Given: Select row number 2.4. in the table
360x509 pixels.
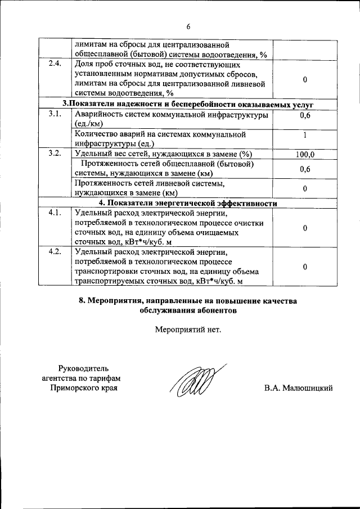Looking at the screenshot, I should (55, 63).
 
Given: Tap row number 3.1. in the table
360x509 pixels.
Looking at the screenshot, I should (55, 115).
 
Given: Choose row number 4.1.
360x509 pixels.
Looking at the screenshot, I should (55, 213).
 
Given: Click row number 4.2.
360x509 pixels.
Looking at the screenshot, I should (55, 251).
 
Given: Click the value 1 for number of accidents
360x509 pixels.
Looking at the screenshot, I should (304, 135).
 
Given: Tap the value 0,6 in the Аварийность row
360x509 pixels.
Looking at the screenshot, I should (305, 116).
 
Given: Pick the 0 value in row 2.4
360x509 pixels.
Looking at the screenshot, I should (304, 79).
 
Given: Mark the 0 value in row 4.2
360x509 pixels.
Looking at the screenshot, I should (304, 267).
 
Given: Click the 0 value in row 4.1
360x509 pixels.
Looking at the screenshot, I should (304, 228).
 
